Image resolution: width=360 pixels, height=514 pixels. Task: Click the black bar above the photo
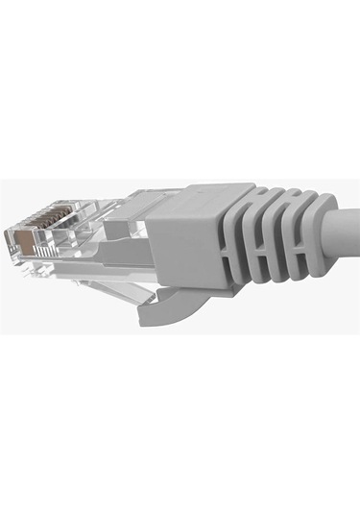point(180,86)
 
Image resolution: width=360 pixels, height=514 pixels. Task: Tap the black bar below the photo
point(180,423)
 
